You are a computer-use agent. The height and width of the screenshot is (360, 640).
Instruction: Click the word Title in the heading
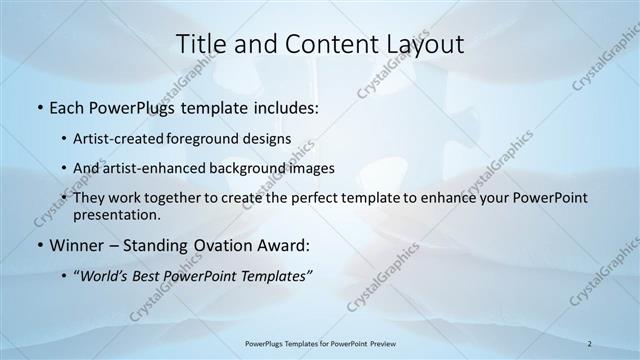click(200, 44)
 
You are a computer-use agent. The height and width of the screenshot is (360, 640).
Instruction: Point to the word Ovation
click(225, 245)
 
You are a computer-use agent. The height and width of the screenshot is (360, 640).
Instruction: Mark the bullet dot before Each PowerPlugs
click(38, 108)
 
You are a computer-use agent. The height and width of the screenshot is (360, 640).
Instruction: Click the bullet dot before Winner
click(38, 245)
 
